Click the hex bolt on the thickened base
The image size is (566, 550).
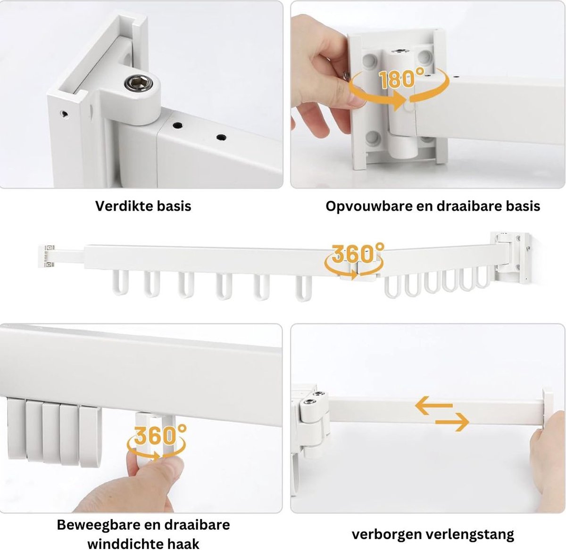coord(139,82)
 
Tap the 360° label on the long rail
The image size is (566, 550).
coord(358,253)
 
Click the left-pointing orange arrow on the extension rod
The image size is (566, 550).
coord(433,405)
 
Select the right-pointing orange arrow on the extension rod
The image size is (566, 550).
coord(452,422)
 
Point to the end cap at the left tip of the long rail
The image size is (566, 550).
coord(46,256)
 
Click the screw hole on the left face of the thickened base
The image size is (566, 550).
coord(64,114)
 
